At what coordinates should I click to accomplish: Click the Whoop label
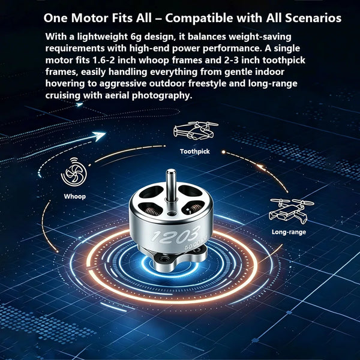pos(75,197)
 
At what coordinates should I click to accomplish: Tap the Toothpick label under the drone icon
pos(194,152)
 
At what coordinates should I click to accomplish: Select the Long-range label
pos(289,232)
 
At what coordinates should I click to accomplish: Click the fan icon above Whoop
pos(74,172)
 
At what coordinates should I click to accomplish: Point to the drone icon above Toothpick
pos(196,130)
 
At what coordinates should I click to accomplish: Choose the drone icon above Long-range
pos(292,211)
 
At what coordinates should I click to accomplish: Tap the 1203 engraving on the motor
pos(176,235)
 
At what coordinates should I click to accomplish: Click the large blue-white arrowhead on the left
pos(100,136)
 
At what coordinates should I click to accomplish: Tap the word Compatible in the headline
pos(199,19)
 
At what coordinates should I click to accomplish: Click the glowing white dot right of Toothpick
pos(223,152)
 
